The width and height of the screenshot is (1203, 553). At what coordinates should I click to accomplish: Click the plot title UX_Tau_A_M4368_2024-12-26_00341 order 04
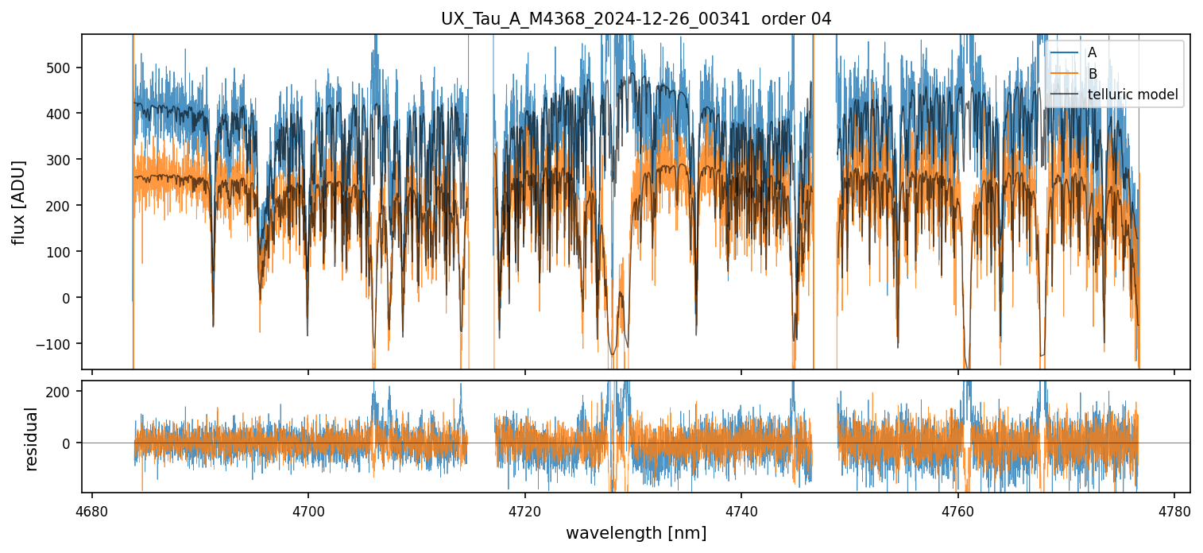(x=636, y=19)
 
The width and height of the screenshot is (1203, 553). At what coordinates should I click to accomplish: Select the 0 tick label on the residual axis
(x=67, y=443)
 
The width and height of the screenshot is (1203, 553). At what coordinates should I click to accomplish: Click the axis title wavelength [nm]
(x=636, y=533)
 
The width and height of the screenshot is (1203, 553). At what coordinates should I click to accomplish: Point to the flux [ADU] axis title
(x=18, y=202)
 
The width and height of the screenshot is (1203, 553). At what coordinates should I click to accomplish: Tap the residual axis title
(x=32, y=439)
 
